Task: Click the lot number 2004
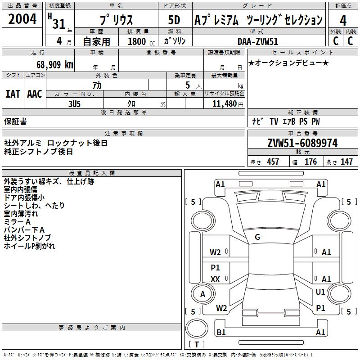[22, 19]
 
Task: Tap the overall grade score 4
[343, 21]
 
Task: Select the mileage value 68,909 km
[55, 65]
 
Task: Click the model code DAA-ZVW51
[258, 41]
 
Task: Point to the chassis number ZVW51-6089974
[302, 143]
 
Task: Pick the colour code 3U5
[74, 104]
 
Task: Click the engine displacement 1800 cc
[141, 41]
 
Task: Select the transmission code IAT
[13, 94]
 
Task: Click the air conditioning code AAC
[35, 94]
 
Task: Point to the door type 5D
[174, 20]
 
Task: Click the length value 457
[273, 162]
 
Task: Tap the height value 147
[346, 162]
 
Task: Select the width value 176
[310, 162]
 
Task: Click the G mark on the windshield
[257, 237]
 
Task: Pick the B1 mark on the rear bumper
[221, 332]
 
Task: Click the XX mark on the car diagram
[215, 279]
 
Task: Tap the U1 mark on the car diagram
[320, 292]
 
